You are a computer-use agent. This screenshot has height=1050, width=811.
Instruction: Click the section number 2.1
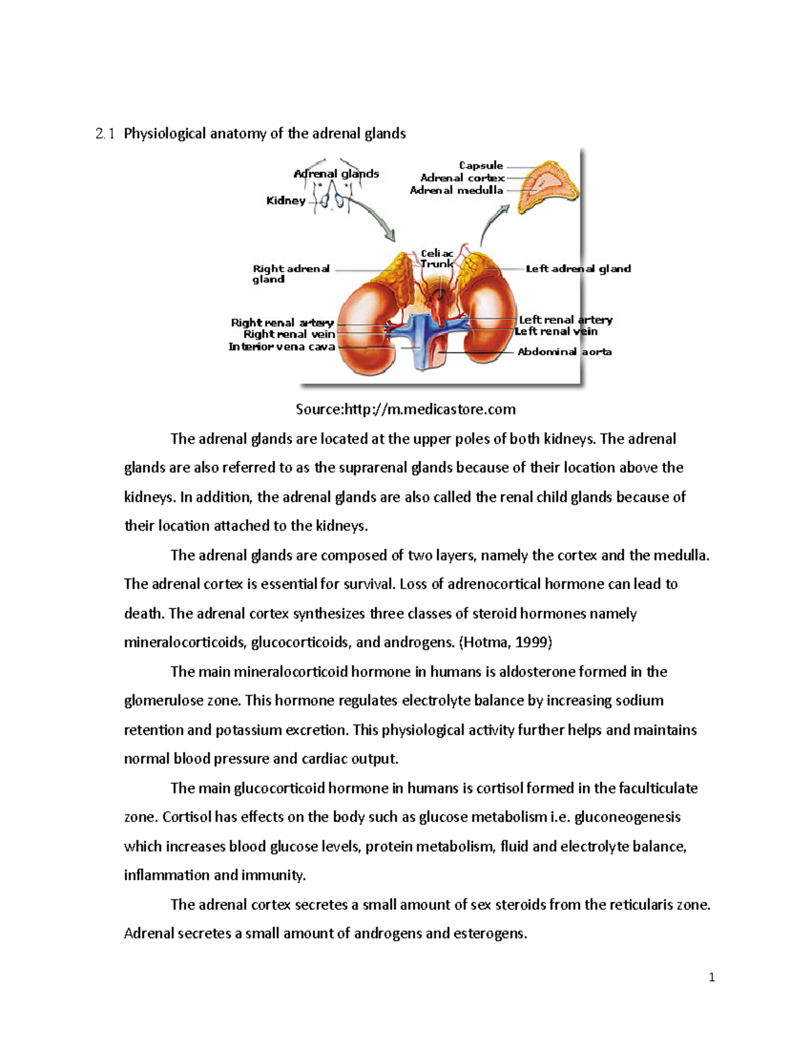(x=105, y=134)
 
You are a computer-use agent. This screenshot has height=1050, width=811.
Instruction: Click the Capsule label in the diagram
(x=481, y=166)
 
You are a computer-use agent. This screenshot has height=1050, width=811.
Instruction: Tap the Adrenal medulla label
(x=456, y=191)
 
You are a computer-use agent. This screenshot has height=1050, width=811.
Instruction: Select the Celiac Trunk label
(x=437, y=259)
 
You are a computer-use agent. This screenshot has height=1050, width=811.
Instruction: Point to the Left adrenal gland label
(x=578, y=269)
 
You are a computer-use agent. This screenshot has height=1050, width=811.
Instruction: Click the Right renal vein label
(x=289, y=335)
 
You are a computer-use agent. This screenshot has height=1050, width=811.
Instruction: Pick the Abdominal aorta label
(x=564, y=352)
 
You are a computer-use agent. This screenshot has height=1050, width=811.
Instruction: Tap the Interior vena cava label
(x=281, y=348)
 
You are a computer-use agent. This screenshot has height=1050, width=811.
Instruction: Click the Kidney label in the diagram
(x=285, y=201)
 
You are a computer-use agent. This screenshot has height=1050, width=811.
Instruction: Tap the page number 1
(x=712, y=977)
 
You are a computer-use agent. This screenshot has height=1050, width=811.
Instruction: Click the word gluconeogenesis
(x=627, y=817)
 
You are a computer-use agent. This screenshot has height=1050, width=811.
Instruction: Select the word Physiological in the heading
(x=165, y=134)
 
